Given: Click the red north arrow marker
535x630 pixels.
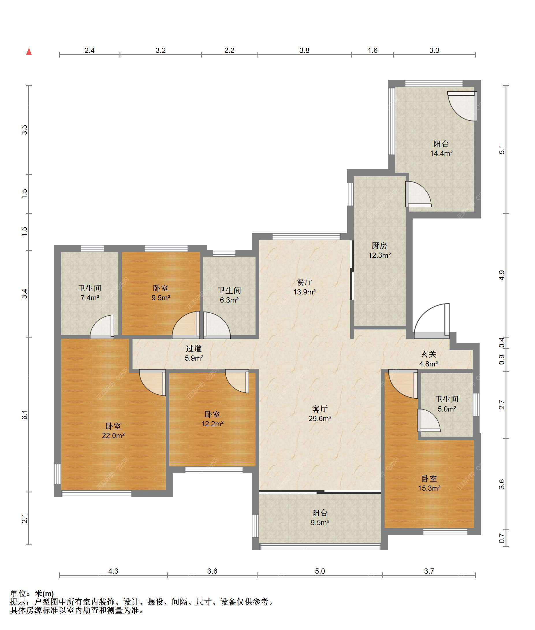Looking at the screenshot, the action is pyautogui.click(x=29, y=52).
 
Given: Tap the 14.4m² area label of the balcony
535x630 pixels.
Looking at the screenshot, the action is pyautogui.click(x=441, y=153).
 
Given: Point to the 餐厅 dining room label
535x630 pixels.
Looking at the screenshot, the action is pyautogui.click(x=304, y=282).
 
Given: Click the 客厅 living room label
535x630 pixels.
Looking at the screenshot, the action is pyautogui.click(x=320, y=409).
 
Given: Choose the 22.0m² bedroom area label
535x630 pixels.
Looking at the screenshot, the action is pyautogui.click(x=113, y=436).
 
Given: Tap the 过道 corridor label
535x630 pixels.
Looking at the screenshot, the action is pyautogui.click(x=194, y=349).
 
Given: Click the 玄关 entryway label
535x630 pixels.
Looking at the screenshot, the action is pyautogui.click(x=428, y=354).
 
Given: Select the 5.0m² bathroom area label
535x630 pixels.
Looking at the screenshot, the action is pyautogui.click(x=447, y=409).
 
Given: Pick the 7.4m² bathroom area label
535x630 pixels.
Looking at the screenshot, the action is pyautogui.click(x=90, y=298).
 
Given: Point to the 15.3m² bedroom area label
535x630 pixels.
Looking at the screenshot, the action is pyautogui.click(x=429, y=488).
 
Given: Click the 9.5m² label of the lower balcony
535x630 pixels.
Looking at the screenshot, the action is pyautogui.click(x=320, y=522).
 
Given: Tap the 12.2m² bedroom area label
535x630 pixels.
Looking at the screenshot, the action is pyautogui.click(x=212, y=424).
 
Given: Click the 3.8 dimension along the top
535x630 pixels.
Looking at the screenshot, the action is pyautogui.click(x=304, y=50).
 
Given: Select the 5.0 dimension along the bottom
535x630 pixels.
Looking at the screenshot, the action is pyautogui.click(x=320, y=571).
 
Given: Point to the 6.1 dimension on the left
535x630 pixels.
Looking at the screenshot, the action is pyautogui.click(x=25, y=415).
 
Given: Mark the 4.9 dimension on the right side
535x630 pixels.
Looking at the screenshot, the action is pyautogui.click(x=502, y=275).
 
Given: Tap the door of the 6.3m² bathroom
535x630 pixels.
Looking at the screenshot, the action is pyautogui.click(x=217, y=325).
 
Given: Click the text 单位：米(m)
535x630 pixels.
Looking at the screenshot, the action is pyautogui.click(x=32, y=593).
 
